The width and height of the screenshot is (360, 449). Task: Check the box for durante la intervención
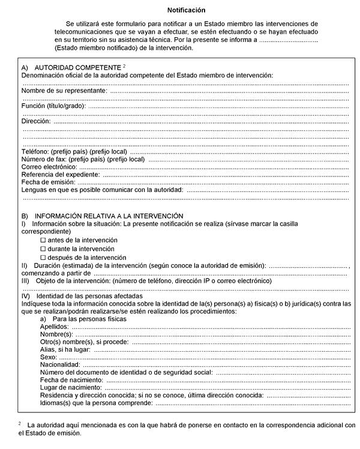pos(43,249)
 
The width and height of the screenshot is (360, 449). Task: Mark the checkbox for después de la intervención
pos(43,257)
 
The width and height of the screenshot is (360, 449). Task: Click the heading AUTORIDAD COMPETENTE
pos(77,68)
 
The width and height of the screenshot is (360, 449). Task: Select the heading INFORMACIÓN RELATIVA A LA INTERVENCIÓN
pos(109,215)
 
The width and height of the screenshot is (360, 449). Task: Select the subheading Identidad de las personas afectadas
pos(89,296)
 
